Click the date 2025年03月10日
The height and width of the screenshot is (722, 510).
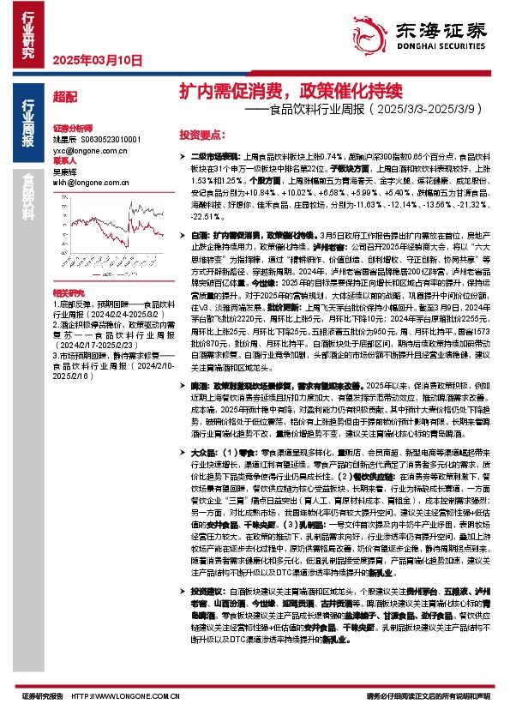point(97,61)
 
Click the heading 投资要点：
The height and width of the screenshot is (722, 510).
point(201,135)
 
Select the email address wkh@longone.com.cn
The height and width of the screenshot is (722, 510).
point(90,183)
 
